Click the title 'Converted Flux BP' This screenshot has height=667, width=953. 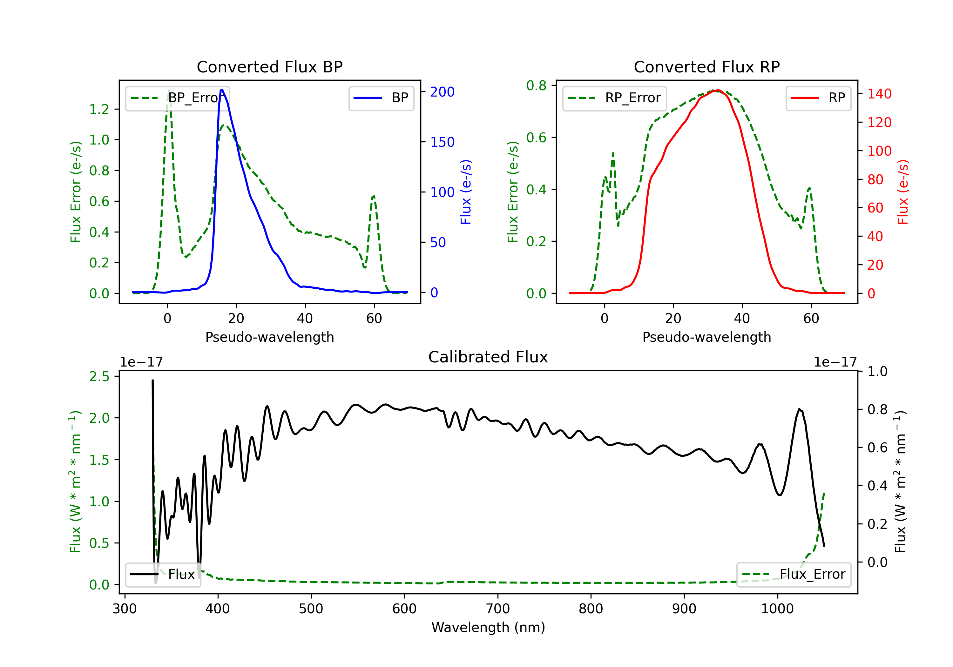[269, 67]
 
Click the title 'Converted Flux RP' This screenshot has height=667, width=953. [706, 67]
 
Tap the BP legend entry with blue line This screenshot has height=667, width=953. [381, 98]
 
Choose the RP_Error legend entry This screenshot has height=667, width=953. [614, 98]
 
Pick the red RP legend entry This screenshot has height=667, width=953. [818, 98]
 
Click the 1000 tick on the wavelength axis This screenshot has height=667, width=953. [777, 609]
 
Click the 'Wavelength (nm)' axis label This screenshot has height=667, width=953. [488, 627]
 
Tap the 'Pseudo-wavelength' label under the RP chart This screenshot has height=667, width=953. [706, 337]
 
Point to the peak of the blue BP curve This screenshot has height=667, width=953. [222, 90]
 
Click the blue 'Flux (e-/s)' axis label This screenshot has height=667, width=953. [466, 192]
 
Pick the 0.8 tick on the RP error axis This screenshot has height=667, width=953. [536, 85]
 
